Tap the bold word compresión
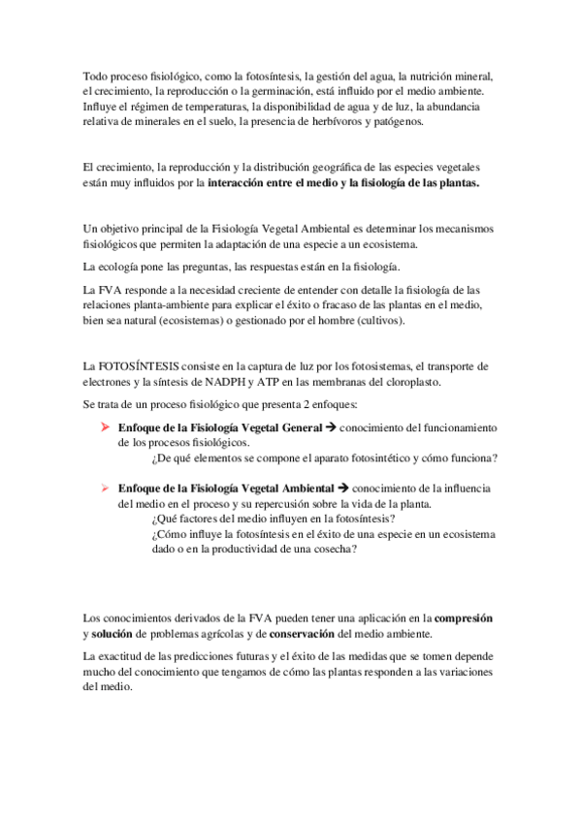click(464, 617)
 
